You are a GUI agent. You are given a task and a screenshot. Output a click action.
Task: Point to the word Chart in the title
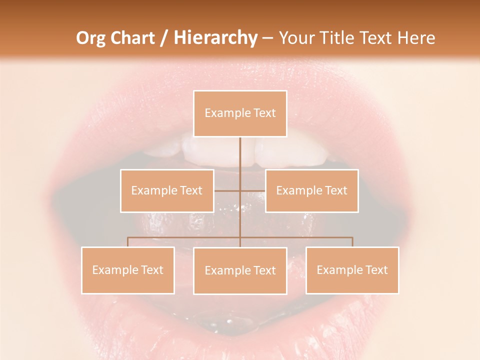[131, 38]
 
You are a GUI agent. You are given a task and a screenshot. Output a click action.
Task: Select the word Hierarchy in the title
[215, 38]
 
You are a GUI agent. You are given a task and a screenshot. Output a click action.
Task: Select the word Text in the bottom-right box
[376, 270]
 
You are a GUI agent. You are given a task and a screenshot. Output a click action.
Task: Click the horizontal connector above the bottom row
[185, 237]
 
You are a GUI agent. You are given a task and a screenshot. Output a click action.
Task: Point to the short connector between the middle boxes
[227, 190]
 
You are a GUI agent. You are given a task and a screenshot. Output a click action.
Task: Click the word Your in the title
[296, 38]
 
